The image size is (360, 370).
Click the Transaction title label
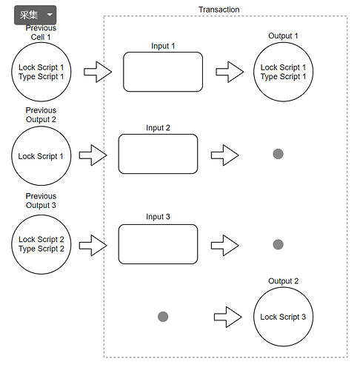[x=219, y=10]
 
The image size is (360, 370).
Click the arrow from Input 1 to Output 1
[x=230, y=72]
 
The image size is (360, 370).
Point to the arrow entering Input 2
[x=93, y=155]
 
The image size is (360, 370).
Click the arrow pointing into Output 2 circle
[x=227, y=317]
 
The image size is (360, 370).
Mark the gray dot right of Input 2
[x=278, y=154]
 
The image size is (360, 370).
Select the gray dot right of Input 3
[x=278, y=244]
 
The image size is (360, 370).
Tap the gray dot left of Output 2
[x=163, y=317]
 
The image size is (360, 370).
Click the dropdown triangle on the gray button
[x=50, y=15]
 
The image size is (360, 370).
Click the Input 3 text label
[x=158, y=217]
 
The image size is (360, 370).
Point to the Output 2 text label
[x=283, y=281]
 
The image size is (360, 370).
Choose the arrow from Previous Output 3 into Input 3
[x=93, y=246]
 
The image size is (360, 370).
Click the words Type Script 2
[x=41, y=249]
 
